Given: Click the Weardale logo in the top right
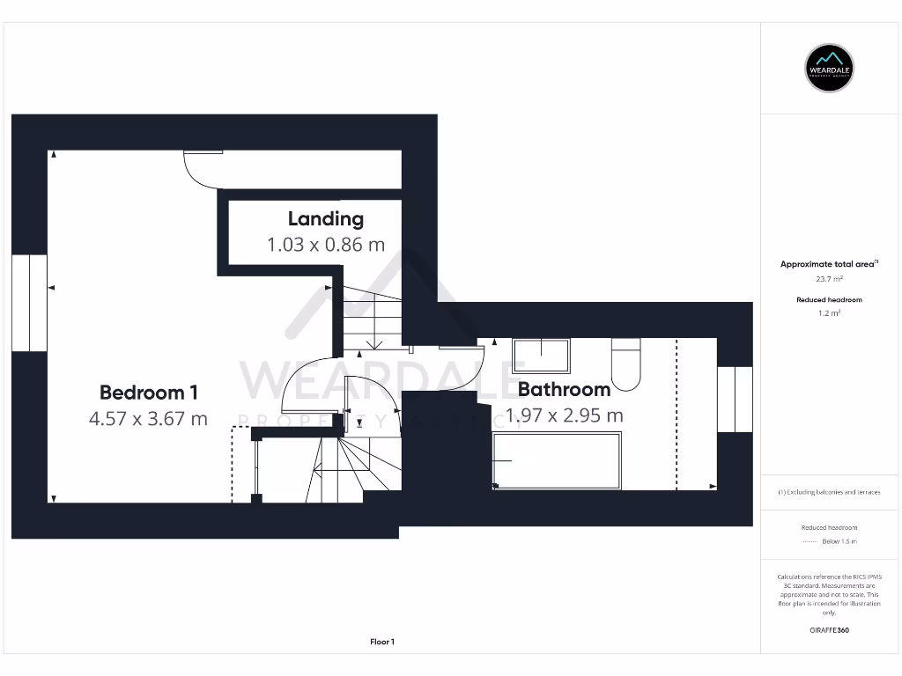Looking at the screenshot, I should (x=830, y=68).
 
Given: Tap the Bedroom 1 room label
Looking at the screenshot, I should (x=148, y=393).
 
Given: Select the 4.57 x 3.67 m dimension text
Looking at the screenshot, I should (x=148, y=419).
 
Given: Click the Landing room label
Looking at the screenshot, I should (x=325, y=218).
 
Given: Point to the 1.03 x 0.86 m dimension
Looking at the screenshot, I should (x=326, y=245).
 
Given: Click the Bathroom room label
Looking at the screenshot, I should (x=564, y=389).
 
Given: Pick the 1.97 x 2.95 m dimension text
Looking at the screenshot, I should (x=564, y=415).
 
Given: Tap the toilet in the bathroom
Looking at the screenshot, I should (x=626, y=368).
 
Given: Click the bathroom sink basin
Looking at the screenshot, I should (x=541, y=356).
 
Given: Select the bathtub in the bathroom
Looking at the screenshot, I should (x=556, y=460).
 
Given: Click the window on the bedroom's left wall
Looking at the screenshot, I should (x=30, y=304).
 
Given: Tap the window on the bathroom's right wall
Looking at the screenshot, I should (x=735, y=400).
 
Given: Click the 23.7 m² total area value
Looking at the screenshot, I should (x=829, y=278).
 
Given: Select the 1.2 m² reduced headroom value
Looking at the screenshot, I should (x=829, y=312).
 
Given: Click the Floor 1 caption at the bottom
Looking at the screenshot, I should (x=382, y=642).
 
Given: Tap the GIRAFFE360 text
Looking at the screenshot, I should (x=829, y=630).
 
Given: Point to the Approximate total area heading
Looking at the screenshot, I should (x=828, y=264).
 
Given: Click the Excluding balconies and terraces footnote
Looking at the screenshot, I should (x=829, y=492).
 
